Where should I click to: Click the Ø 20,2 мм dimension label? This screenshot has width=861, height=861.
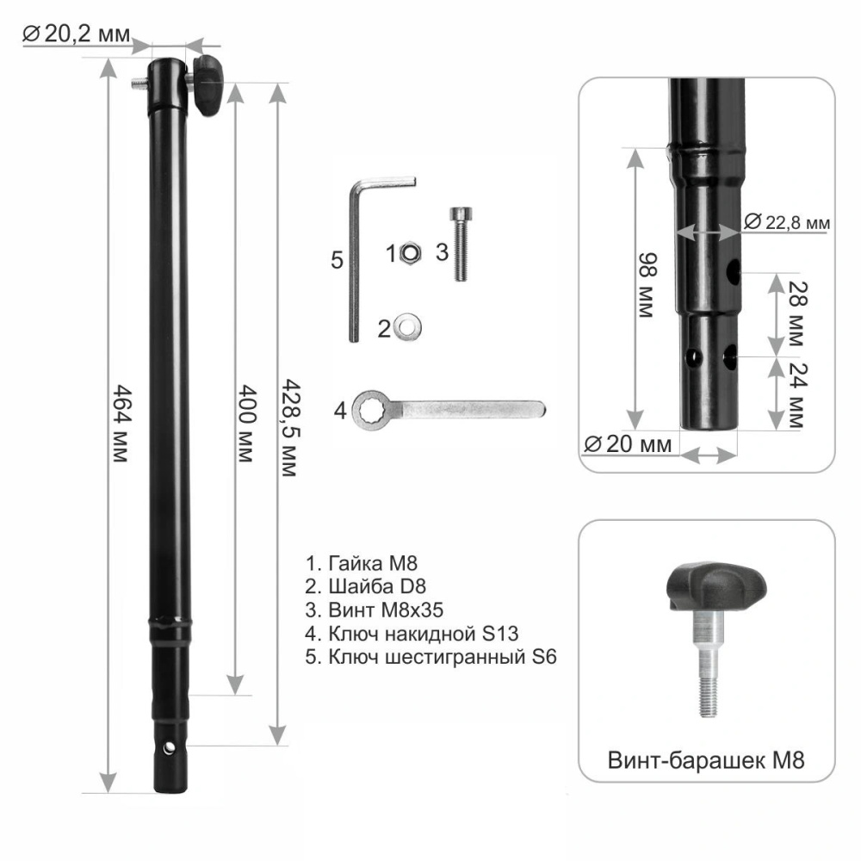(x=77, y=34)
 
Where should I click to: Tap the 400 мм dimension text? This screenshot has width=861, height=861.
(x=247, y=424)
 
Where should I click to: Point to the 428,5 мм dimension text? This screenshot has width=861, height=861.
(x=289, y=428)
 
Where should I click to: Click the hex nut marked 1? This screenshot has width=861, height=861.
(x=410, y=253)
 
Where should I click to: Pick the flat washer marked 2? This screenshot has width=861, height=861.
(x=407, y=326)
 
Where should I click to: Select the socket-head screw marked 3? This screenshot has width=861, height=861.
(x=461, y=244)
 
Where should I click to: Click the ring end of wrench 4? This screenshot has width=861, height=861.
(x=369, y=411)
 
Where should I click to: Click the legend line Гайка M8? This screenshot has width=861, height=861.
(x=362, y=563)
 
